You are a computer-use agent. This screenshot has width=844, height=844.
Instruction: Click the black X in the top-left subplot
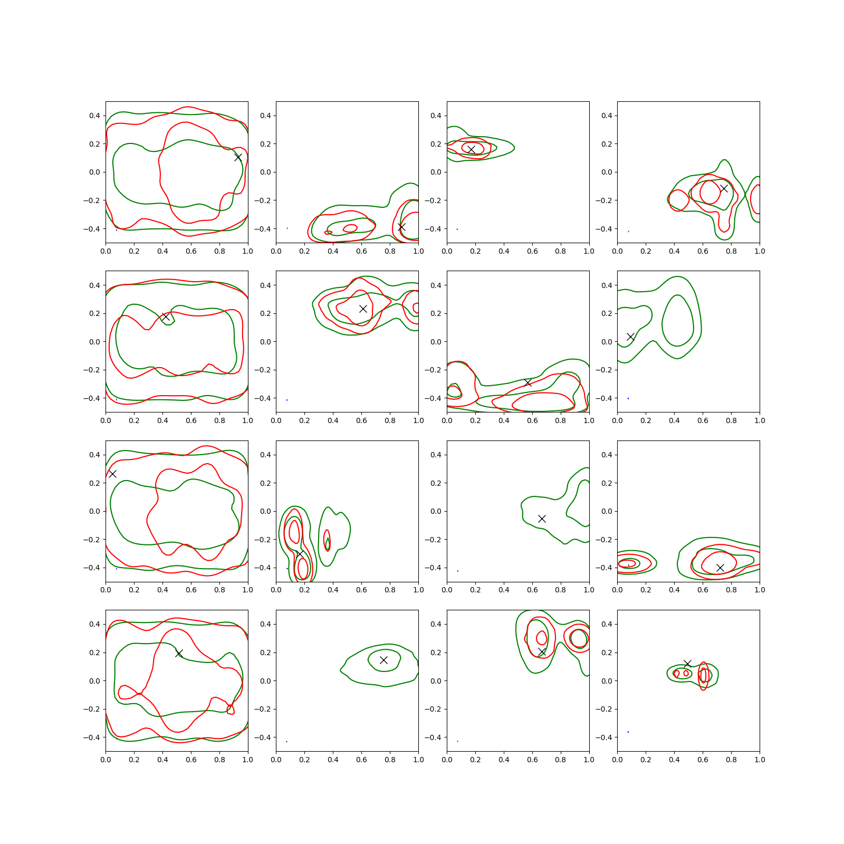pyautogui.click(x=238, y=157)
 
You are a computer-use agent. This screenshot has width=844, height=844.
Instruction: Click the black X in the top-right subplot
pyautogui.click(x=724, y=188)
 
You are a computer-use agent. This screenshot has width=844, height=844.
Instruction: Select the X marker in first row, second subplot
pyautogui.click(x=401, y=227)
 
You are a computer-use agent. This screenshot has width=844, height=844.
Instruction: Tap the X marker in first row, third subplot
pyautogui.click(x=471, y=149)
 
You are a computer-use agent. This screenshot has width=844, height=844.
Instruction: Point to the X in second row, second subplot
pyautogui.click(x=363, y=309)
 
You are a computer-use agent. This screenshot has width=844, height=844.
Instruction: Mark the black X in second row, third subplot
pyautogui.click(x=527, y=382)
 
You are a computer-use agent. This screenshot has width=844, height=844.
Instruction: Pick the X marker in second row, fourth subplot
pyautogui.click(x=630, y=337)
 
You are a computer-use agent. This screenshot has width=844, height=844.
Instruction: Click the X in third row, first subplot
pyautogui.click(x=112, y=474)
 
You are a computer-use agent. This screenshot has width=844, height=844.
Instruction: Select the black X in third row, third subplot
pyautogui.click(x=542, y=519)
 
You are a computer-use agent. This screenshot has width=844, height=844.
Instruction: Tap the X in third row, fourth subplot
pyautogui.click(x=720, y=568)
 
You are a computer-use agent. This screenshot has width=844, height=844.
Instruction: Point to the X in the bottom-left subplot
pyautogui.click(x=179, y=653)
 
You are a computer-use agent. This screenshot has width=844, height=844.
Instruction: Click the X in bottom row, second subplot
pyautogui.click(x=383, y=660)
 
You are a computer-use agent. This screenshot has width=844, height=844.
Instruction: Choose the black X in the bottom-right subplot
pyautogui.click(x=687, y=664)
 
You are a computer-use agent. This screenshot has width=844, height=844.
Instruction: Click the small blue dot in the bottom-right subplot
pyautogui.click(x=628, y=732)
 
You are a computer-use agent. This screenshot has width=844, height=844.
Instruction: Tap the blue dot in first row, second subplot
pyautogui.click(x=287, y=228)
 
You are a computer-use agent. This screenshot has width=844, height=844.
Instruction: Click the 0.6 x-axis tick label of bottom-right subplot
pyautogui.click(x=703, y=760)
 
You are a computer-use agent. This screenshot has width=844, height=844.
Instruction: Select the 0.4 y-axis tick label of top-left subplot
pyautogui.click(x=94, y=116)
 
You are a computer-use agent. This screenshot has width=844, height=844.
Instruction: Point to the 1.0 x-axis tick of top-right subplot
pyautogui.click(x=760, y=251)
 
